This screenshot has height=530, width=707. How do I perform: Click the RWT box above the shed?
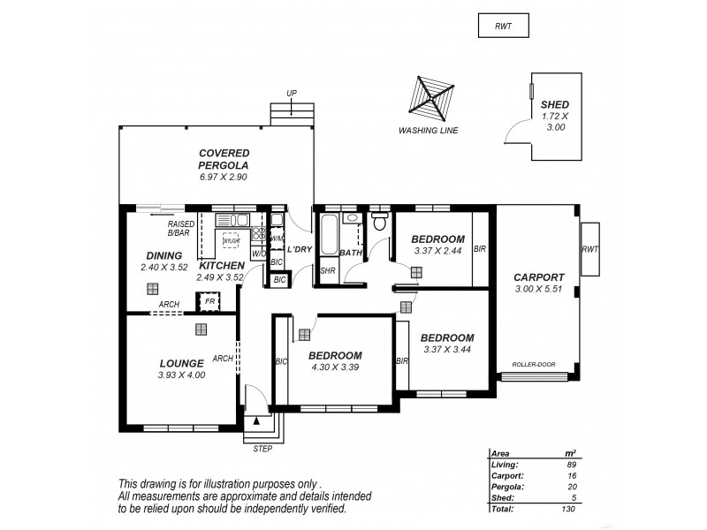pyautogui.click(x=502, y=26)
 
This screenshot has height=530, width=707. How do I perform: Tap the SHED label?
pyautogui.click(x=554, y=104)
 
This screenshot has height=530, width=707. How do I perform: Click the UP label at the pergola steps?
pyautogui.click(x=291, y=93)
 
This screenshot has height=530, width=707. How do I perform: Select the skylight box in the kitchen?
pyautogui.click(x=232, y=240)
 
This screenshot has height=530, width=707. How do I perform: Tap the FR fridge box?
pyautogui.click(x=209, y=301)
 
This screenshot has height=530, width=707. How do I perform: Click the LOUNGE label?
pyautogui.click(x=182, y=362)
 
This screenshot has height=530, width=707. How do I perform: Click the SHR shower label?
pyautogui.click(x=326, y=271)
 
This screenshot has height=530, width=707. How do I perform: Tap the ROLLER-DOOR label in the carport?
pyautogui.click(x=533, y=364)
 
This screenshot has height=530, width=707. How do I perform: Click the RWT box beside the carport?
pyautogui.click(x=589, y=249)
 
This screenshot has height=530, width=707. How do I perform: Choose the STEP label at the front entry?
pyautogui.click(x=262, y=449)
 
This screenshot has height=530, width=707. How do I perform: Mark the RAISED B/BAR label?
pyautogui.click(x=181, y=229)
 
